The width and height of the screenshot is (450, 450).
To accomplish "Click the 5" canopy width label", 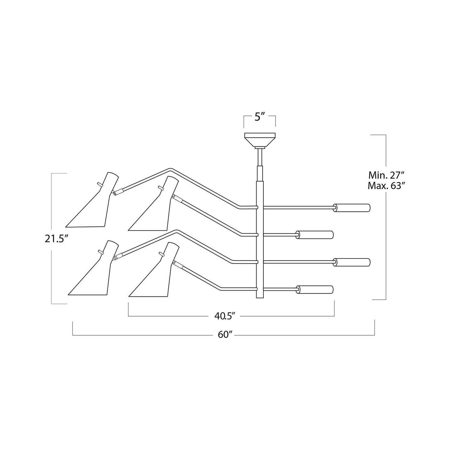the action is pos(259,117).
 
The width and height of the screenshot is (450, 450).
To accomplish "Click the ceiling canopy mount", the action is pos(260,140).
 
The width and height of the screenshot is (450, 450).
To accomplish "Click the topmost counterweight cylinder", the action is pos(352,208).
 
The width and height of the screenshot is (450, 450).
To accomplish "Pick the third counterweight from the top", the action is pos(352,262).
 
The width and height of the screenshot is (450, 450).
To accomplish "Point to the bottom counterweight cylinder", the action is pos(315,290).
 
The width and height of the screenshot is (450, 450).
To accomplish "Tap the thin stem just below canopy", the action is pos(260,157).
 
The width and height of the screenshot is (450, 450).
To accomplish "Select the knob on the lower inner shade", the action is pos(161,253).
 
